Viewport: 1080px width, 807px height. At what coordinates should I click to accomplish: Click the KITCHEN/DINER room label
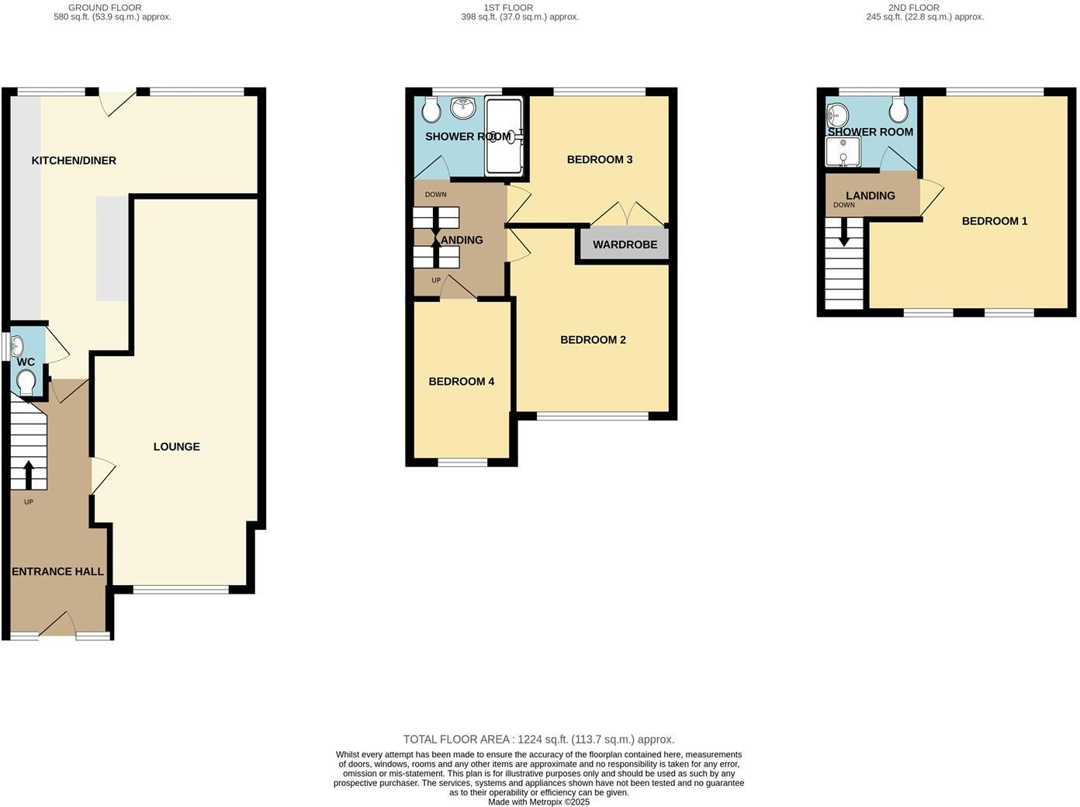click(x=74, y=161)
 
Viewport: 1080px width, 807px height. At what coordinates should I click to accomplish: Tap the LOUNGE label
click(x=176, y=446)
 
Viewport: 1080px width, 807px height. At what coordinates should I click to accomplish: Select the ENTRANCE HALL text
click(x=57, y=572)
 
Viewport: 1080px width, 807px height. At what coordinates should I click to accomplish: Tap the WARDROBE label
click(x=625, y=244)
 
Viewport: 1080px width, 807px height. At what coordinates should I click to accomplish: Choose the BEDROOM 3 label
click(x=599, y=160)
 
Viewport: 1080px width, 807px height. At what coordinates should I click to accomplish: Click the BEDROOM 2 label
click(x=593, y=340)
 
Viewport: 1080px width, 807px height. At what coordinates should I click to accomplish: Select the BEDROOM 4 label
click(x=461, y=382)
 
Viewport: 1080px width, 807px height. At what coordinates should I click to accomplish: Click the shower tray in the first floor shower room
click(x=503, y=136)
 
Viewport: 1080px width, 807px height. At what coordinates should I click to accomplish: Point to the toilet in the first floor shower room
click(x=432, y=109)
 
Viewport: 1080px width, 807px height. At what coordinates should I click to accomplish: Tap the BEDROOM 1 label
click(x=994, y=221)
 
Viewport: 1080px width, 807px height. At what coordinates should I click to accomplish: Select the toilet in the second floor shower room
click(x=898, y=112)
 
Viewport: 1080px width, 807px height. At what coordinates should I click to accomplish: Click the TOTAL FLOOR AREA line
click(x=538, y=739)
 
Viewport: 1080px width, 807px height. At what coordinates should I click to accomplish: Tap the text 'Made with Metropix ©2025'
click(x=538, y=802)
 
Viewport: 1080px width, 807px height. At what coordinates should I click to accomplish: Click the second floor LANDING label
click(x=870, y=196)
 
